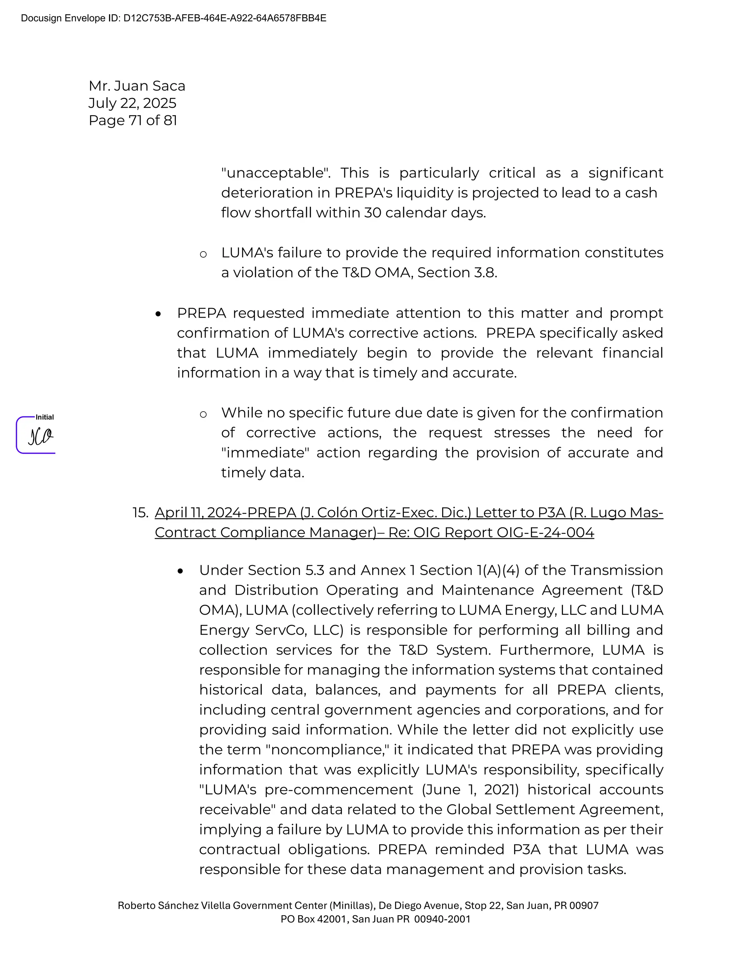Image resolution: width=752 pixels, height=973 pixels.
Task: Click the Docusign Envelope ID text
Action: click(x=173, y=18)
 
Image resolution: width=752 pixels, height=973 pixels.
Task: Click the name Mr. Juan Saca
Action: click(x=137, y=86)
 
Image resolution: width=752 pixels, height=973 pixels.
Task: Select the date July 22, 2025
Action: click(x=132, y=103)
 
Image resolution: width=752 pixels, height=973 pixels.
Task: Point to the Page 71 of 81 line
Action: click(x=133, y=120)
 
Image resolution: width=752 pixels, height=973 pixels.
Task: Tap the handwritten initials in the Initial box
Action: click(x=40, y=436)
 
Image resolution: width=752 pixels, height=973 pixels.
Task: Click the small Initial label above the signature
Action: click(x=44, y=417)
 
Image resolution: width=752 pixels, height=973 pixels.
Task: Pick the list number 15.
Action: click(x=140, y=513)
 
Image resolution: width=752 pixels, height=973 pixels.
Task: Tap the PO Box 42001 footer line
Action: click(x=375, y=919)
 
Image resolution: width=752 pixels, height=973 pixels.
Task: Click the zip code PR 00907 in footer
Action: click(x=576, y=905)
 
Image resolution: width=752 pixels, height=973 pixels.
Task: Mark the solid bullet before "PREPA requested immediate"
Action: click(x=158, y=314)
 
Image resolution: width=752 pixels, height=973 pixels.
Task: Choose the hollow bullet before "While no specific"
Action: click(x=203, y=414)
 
